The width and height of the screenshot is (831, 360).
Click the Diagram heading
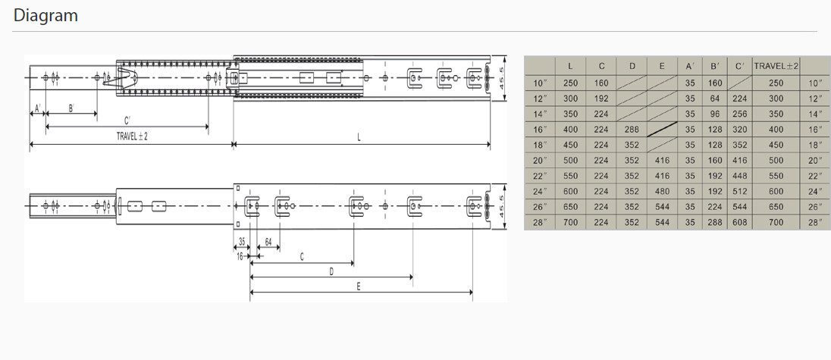coord(45,15)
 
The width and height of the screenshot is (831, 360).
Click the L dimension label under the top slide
coord(359,137)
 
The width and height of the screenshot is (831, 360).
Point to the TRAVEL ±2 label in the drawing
coord(132,136)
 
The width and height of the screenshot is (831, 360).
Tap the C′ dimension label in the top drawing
coord(127,121)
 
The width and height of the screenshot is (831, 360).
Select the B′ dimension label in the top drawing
coord(71,108)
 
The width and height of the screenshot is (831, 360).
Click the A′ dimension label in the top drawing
coord(38,108)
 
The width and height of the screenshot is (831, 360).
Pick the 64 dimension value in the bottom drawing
coord(268,242)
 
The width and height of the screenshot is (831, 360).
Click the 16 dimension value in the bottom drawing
coord(240,256)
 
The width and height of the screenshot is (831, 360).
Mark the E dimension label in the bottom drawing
coord(359,286)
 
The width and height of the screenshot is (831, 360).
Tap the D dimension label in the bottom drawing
coord(331,271)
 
